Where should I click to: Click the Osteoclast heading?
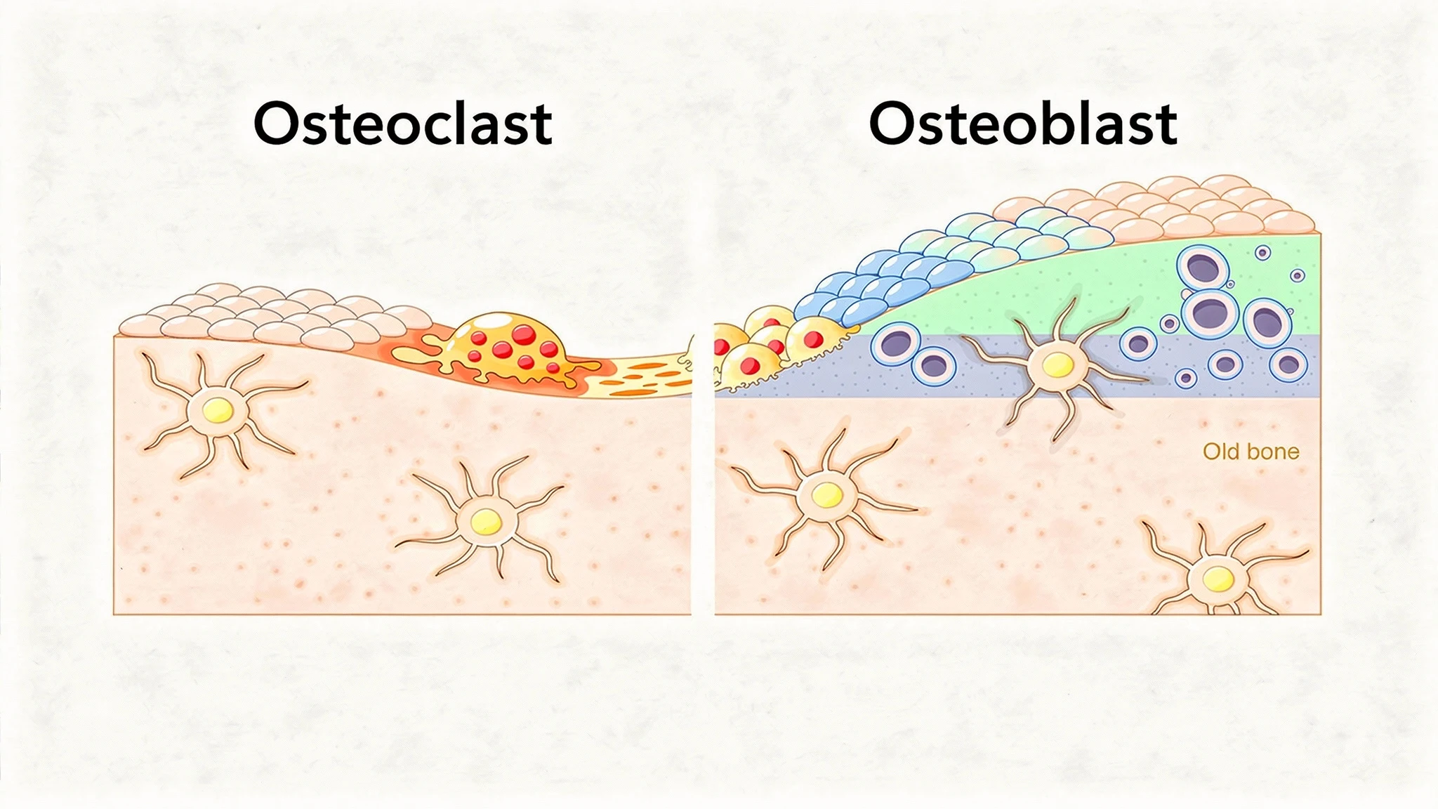[x=402, y=124]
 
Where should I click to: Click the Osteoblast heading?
[x=1023, y=124]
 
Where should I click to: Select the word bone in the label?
[x=1274, y=451]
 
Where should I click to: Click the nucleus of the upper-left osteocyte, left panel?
[x=218, y=409]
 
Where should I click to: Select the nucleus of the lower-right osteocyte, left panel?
[x=486, y=522]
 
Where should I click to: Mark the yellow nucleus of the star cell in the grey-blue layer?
[x=1057, y=364]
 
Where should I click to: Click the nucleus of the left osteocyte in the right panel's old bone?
[x=827, y=495]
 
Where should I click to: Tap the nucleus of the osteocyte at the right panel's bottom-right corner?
[x=1218, y=579]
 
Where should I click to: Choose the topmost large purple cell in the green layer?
[x=1203, y=268]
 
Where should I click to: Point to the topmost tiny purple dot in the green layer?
[x=1262, y=253]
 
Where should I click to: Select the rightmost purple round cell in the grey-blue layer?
[x=1288, y=364]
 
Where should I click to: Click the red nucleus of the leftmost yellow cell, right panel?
[x=720, y=346]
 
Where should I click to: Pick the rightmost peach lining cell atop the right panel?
[x=1289, y=221]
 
